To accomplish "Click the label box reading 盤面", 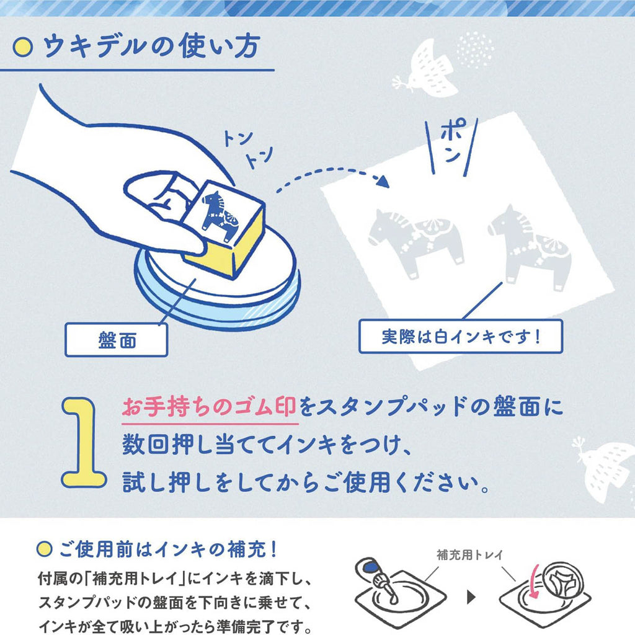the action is click(116, 339).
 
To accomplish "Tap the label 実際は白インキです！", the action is click(461, 336).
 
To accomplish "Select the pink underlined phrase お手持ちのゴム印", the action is click(209, 407).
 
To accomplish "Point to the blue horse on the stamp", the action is click(219, 215).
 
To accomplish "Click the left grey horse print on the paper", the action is click(415, 242).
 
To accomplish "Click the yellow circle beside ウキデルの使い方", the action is click(22, 47).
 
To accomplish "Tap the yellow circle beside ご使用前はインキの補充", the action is click(44, 549).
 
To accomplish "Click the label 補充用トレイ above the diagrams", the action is click(469, 554).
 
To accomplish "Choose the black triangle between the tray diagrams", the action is click(471, 597).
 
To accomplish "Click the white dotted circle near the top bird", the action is click(474, 50).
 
